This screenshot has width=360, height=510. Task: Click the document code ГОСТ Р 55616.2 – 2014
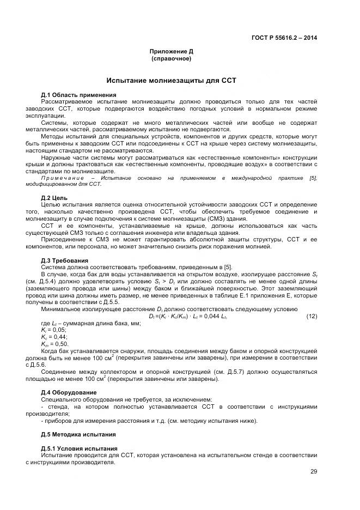pos(284,38)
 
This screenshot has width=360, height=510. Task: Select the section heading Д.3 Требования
pos(65,260)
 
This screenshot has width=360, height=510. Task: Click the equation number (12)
pos(312,317)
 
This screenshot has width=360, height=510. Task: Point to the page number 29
pos(313,472)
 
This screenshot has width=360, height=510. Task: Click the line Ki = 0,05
pos(53,330)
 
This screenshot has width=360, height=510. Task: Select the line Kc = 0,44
pos(53,337)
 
